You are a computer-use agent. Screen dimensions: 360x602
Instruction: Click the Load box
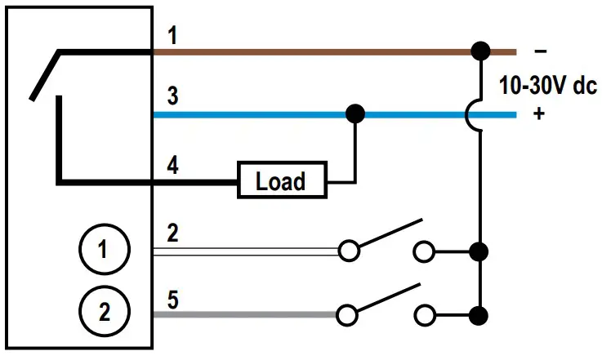coord(280,180)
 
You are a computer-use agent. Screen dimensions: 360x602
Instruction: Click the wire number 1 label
coord(172,37)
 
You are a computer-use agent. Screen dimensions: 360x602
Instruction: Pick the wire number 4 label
coord(172,164)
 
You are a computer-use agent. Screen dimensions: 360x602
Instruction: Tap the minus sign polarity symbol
coord(540,51)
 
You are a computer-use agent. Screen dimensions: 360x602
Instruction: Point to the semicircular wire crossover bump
coord(472,114)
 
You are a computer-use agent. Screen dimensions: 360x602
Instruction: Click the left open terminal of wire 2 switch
coord(349,251)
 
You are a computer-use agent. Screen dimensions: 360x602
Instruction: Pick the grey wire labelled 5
coord(245,313)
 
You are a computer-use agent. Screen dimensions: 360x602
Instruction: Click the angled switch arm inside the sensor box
coord(44,76)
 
